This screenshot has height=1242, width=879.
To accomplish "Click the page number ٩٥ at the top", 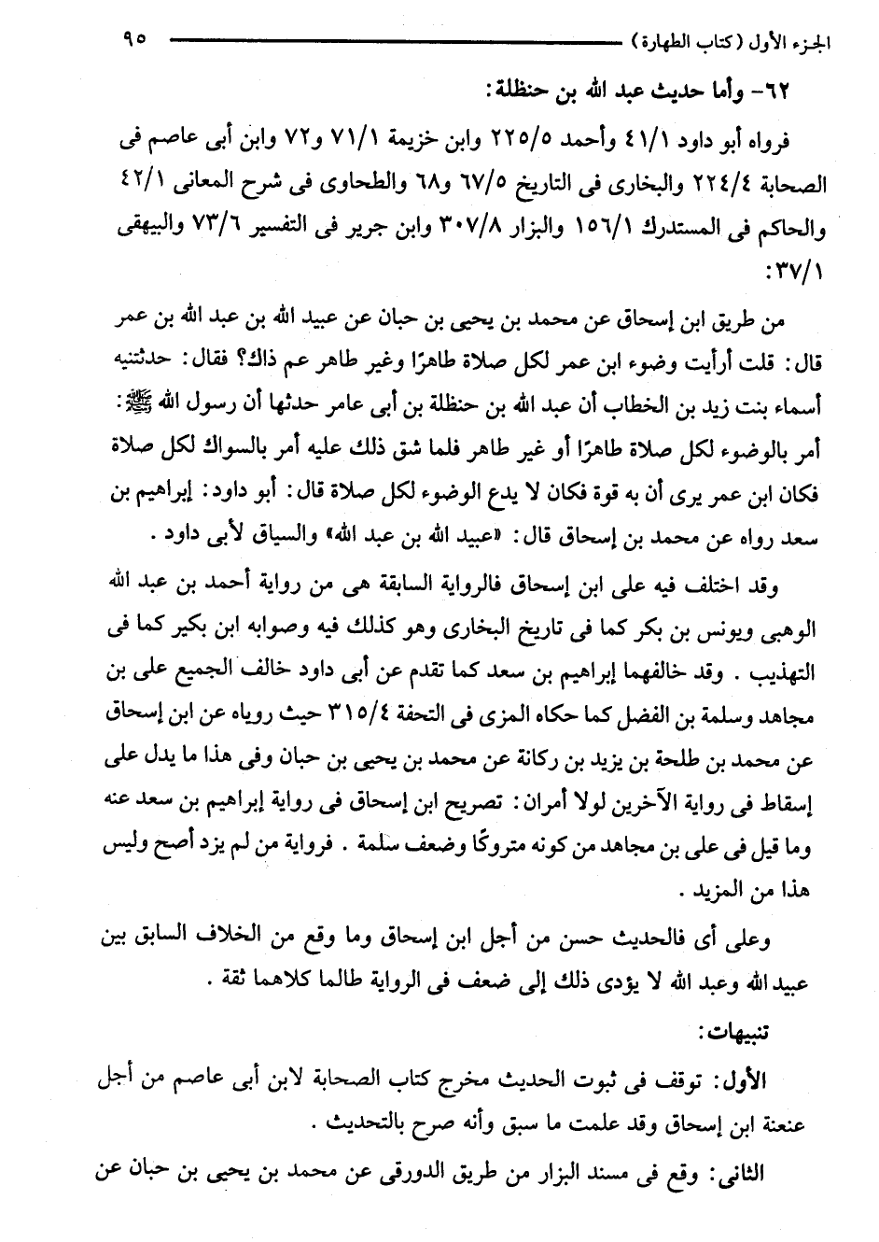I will click(133, 39).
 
